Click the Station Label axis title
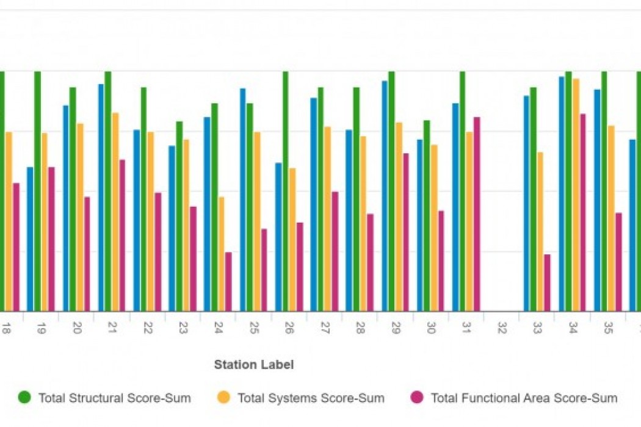[x=253, y=365]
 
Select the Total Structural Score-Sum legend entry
[x=114, y=398]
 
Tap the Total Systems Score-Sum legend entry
[x=310, y=398]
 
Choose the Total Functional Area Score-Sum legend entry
[x=523, y=398]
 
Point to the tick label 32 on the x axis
[x=501, y=328]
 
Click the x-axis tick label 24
[x=218, y=328]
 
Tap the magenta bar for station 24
[x=228, y=282]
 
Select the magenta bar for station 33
[x=547, y=282]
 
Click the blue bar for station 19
[x=30, y=239]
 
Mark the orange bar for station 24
[x=221, y=254]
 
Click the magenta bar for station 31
[x=477, y=214]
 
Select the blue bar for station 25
[x=242, y=199]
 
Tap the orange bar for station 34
[x=576, y=195]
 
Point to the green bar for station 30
[x=427, y=215]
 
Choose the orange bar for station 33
[x=540, y=231]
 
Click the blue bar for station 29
[x=385, y=196]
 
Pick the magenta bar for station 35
[x=618, y=262]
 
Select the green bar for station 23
[x=179, y=216]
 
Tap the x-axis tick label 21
[x=112, y=328]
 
